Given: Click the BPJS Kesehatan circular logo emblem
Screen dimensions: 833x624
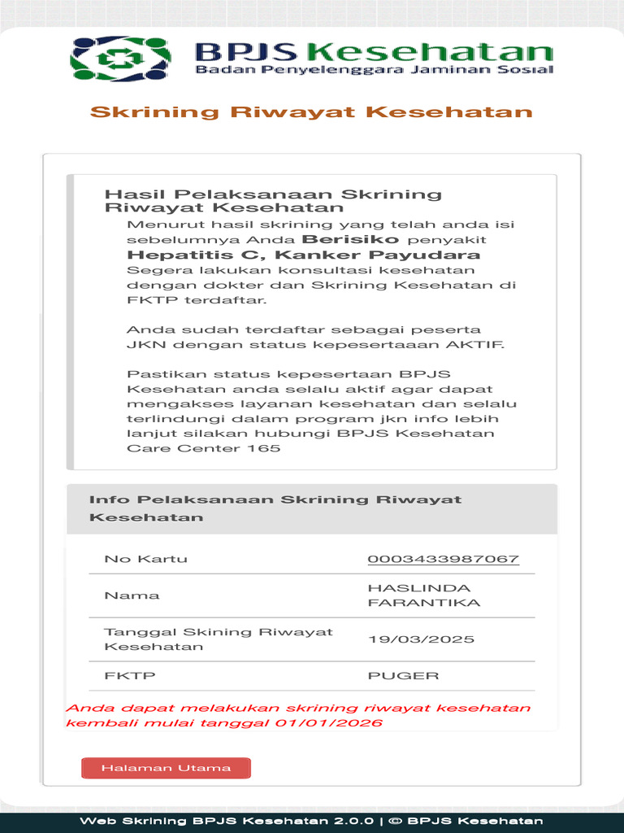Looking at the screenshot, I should click(121, 59).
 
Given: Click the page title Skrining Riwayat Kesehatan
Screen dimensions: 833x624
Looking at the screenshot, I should click(311, 112).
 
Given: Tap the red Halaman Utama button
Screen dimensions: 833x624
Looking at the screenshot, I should click(166, 768).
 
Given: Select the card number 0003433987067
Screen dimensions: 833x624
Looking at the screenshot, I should click(443, 559).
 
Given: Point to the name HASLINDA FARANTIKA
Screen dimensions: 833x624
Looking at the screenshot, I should click(423, 595).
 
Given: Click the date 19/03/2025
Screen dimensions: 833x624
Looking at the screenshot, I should click(421, 639).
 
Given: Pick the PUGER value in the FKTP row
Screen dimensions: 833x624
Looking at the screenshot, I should click(403, 676).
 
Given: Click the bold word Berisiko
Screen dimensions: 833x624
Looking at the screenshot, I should click(350, 240).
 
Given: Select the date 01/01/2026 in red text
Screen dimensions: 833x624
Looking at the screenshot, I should click(328, 723).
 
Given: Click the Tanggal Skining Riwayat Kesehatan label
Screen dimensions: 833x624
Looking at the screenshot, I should click(218, 639).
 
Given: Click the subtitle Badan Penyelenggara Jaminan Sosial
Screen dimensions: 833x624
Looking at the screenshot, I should click(374, 70).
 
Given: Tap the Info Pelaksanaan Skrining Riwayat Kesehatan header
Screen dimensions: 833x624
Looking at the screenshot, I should click(275, 508).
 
